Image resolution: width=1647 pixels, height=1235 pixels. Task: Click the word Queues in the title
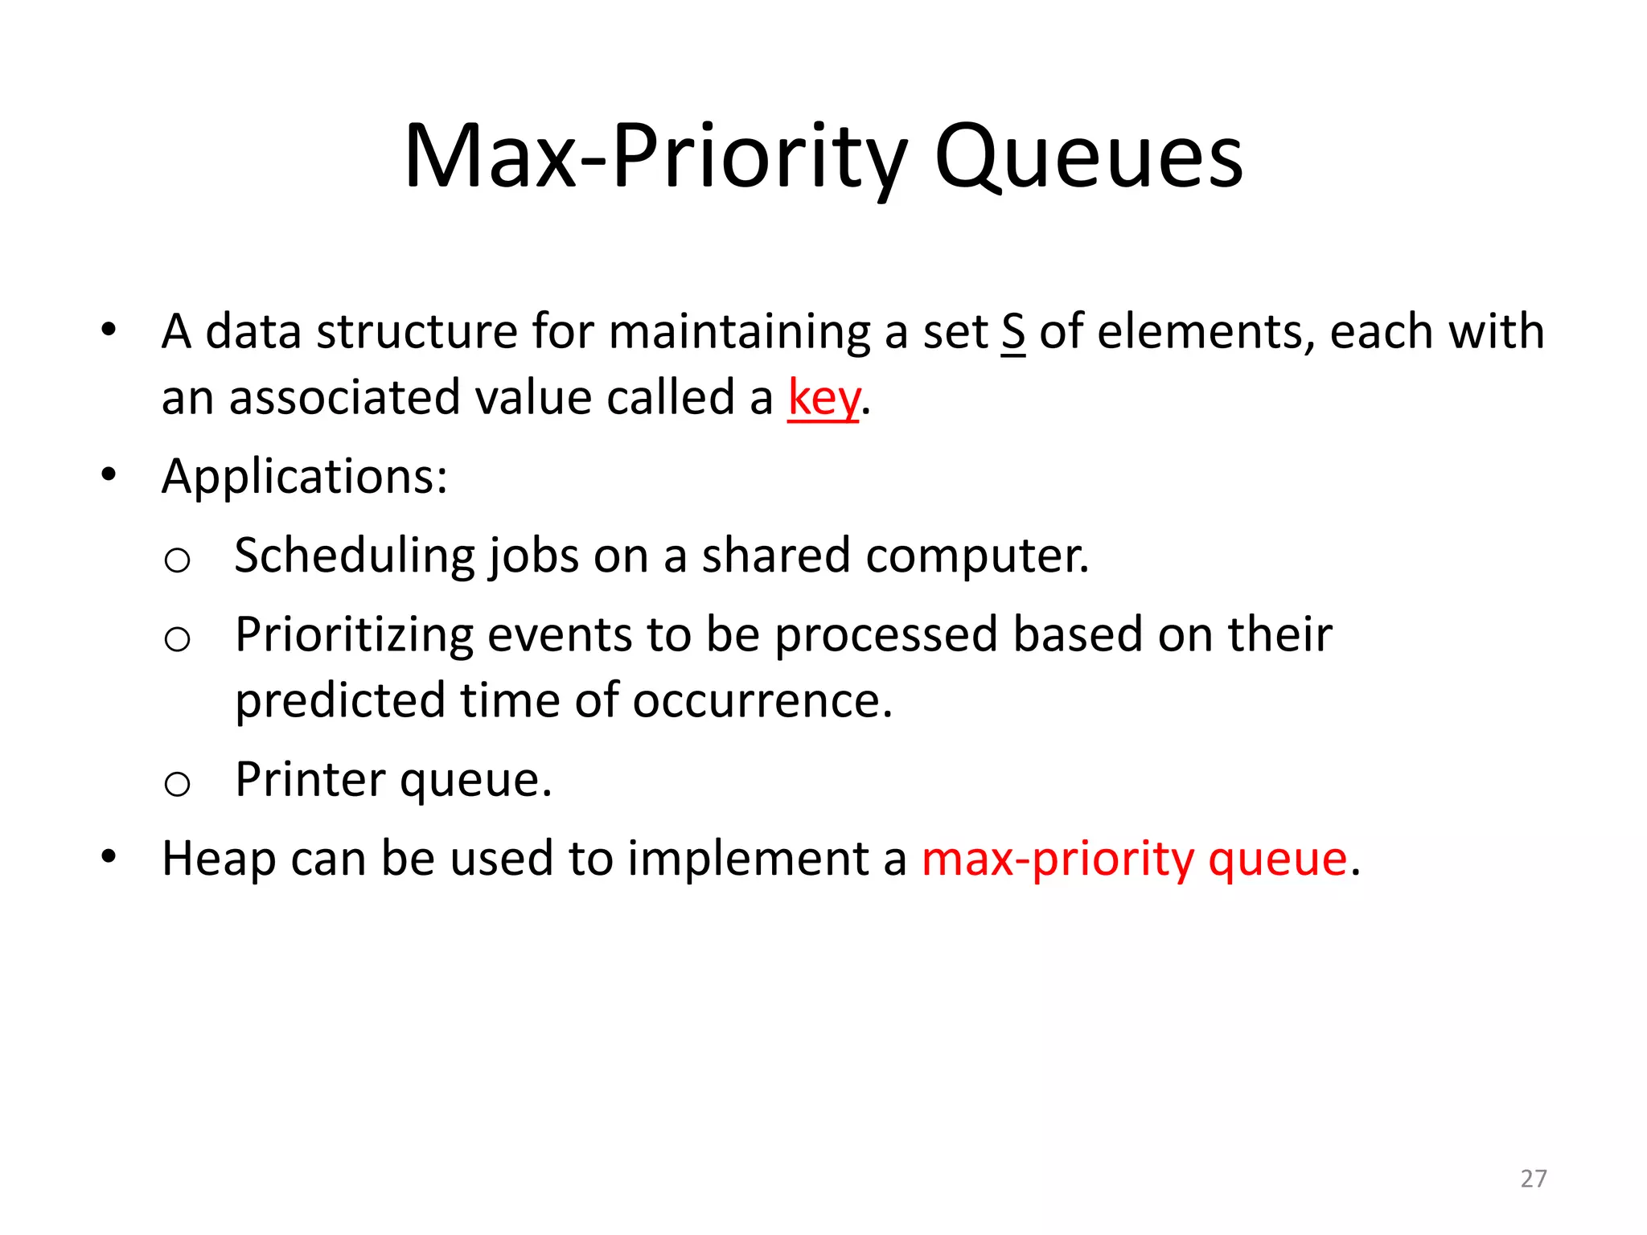pos(1088,157)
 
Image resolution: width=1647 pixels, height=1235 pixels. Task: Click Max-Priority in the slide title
pos(655,157)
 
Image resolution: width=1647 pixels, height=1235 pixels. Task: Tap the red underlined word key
pos(823,398)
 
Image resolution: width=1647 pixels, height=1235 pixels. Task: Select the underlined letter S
pos(1013,332)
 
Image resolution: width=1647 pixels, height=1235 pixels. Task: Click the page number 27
pos(1533,1178)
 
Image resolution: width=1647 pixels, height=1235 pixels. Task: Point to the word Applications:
pos(304,477)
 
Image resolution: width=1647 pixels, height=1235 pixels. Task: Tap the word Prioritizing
pos(354,635)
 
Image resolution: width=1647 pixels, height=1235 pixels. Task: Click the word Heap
pos(219,859)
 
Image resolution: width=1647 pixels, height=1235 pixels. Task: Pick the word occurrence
pos(762,701)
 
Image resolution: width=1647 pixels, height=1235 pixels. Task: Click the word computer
pos(977,556)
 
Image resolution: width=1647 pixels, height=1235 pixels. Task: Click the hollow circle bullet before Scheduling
pos(177,560)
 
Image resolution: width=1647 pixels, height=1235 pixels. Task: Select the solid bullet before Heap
pos(109,857)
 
